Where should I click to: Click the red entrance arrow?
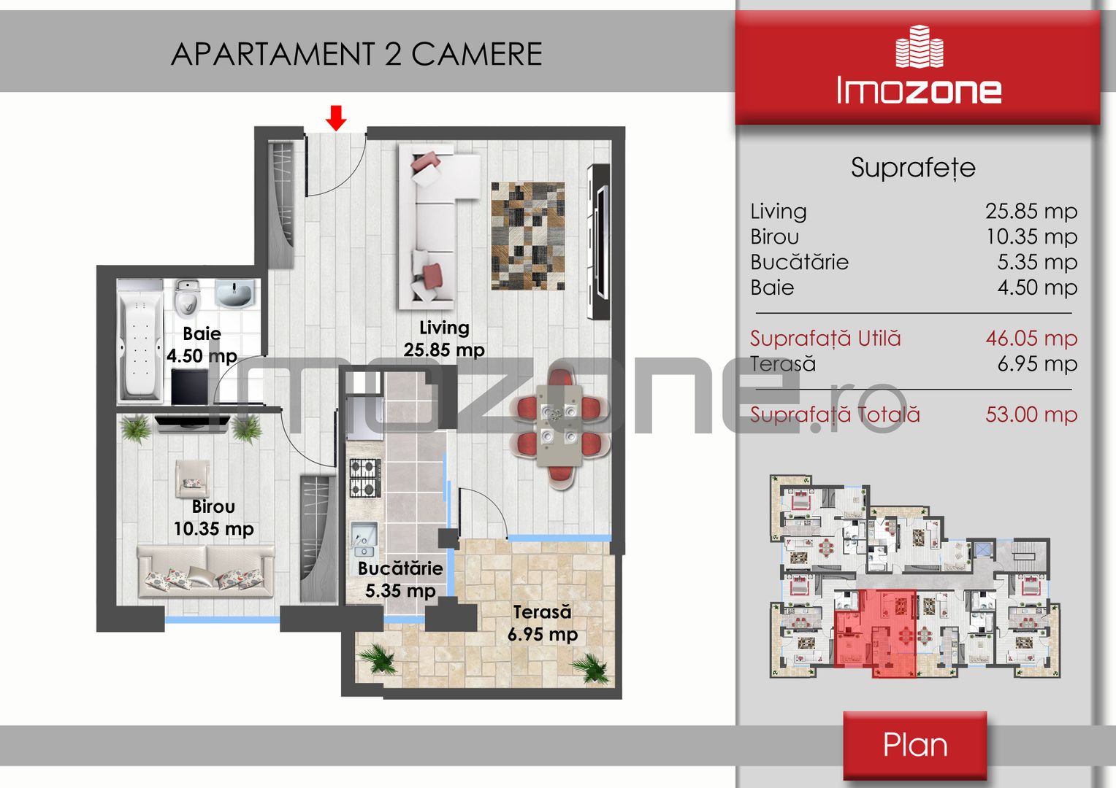[336, 118]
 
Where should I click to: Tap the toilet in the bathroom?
[188, 298]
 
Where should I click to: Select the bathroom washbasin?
[234, 293]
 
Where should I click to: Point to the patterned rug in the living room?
[528, 236]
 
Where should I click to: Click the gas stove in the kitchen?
[365, 478]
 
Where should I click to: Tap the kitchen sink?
[364, 540]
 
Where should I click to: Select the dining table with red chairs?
[561, 428]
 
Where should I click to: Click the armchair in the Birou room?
[192, 479]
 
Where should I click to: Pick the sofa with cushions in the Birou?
[206, 571]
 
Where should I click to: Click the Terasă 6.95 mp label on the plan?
[543, 623]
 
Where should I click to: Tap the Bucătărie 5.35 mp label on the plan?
[400, 579]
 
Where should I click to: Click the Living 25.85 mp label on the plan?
[444, 339]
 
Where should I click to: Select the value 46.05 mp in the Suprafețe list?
[1031, 339]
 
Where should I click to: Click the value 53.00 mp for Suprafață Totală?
[1031, 414]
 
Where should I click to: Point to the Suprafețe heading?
[913, 168]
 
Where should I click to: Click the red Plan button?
[914, 745]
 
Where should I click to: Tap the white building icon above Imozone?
[920, 46]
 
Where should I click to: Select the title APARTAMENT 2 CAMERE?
[356, 54]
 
